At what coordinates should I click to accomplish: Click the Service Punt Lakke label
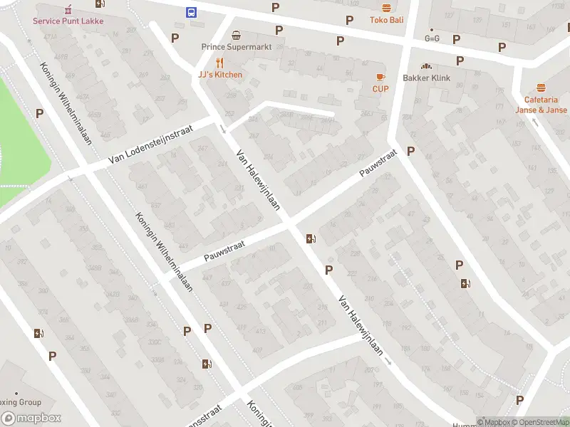[68, 21]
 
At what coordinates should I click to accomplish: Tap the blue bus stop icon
[192, 12]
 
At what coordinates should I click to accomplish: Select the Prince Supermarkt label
[236, 47]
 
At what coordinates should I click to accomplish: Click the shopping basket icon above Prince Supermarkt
[236, 35]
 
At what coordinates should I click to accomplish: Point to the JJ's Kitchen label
[220, 75]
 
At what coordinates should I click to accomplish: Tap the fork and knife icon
[220, 63]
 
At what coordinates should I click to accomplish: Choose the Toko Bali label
[386, 20]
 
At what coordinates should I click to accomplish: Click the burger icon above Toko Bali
[386, 8]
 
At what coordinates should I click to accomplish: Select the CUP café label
[380, 89]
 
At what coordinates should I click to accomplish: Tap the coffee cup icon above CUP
[380, 77]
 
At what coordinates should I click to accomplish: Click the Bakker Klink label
[426, 78]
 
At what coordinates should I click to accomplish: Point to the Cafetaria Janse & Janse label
[541, 105]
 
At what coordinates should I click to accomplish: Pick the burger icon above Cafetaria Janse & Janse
[541, 88]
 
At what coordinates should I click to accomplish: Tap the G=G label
[432, 38]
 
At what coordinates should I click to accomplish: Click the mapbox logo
[31, 418]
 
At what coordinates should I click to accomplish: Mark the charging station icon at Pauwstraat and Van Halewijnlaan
[311, 239]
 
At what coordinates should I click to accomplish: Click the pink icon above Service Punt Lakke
[68, 9]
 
